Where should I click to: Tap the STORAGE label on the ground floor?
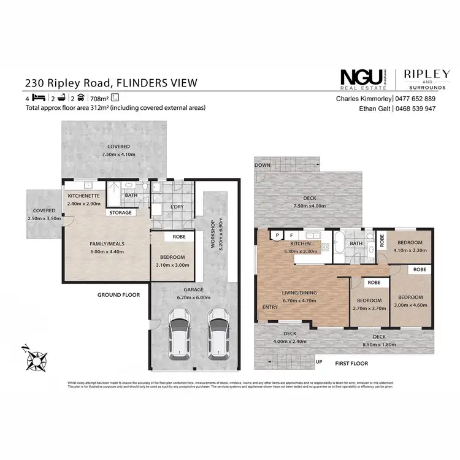pyautogui.click(x=120, y=213)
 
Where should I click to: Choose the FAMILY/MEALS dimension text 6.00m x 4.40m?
pyautogui.click(x=108, y=251)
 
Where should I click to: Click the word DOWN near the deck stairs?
pyautogui.click(x=263, y=165)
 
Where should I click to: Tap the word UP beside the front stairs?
pyautogui.click(x=318, y=362)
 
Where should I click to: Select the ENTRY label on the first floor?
pyautogui.click(x=270, y=307)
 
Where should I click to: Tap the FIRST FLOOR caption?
pyautogui.click(x=352, y=364)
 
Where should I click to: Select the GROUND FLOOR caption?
pyautogui.click(x=119, y=295)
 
